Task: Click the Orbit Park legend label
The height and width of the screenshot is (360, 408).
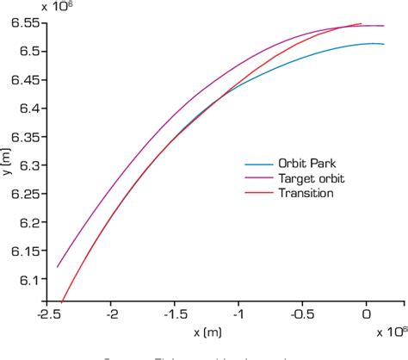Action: pos(302,164)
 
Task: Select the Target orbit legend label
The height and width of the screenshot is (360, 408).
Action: pos(306,178)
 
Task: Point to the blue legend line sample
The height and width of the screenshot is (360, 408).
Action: pos(258,164)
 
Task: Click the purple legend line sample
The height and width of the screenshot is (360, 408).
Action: pos(258,178)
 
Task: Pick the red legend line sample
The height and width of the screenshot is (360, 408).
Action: pos(258,193)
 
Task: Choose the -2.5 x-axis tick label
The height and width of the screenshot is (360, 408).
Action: pos(46,315)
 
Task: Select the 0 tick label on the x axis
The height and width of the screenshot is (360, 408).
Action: pos(367,315)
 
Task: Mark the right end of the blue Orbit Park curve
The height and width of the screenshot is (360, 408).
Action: pos(383,44)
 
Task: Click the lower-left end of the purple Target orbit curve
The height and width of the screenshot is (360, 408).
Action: pos(57,266)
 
